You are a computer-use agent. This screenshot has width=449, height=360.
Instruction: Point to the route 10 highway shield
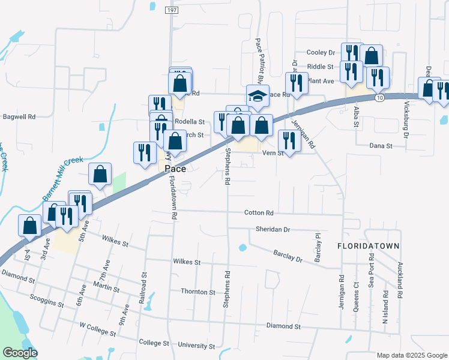click(x=378, y=97)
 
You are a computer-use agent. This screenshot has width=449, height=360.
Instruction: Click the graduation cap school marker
click(x=257, y=97)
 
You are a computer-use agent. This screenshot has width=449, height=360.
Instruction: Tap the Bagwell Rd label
click(x=19, y=116)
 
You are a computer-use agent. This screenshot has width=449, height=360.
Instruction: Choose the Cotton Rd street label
click(x=259, y=213)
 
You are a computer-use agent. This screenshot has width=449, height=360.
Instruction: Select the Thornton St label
click(x=197, y=292)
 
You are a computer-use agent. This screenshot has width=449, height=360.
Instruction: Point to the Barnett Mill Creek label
click(x=62, y=179)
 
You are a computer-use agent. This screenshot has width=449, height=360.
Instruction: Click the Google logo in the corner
click(x=20, y=353)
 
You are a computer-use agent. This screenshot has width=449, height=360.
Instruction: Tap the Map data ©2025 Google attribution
click(x=411, y=355)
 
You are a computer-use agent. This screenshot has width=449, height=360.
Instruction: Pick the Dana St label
click(x=381, y=146)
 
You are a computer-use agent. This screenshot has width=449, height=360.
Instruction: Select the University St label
click(x=197, y=346)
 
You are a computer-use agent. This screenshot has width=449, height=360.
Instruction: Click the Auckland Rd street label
click(x=399, y=280)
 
